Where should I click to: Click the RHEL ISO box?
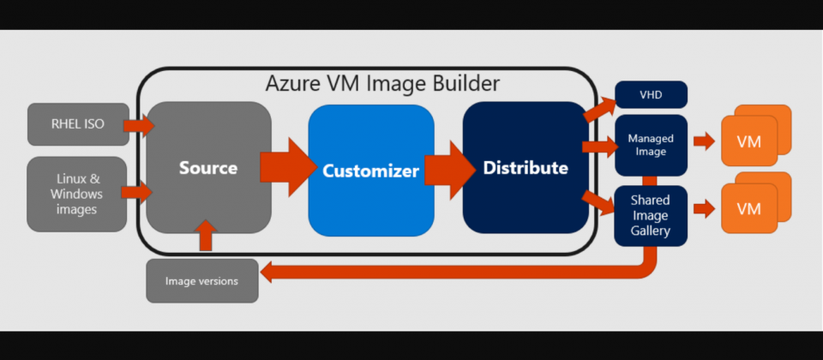click(x=78, y=124)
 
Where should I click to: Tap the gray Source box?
click(x=208, y=168)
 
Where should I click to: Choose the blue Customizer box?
click(x=370, y=171)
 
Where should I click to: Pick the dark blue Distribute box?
click(x=525, y=168)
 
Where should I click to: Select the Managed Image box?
click(x=651, y=145)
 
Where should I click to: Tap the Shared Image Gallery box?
click(x=651, y=215)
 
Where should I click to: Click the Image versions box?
click(x=202, y=281)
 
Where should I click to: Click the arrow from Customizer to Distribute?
click(x=446, y=168)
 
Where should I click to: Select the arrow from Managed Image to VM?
click(x=704, y=141)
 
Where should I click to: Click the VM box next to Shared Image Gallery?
click(x=748, y=209)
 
